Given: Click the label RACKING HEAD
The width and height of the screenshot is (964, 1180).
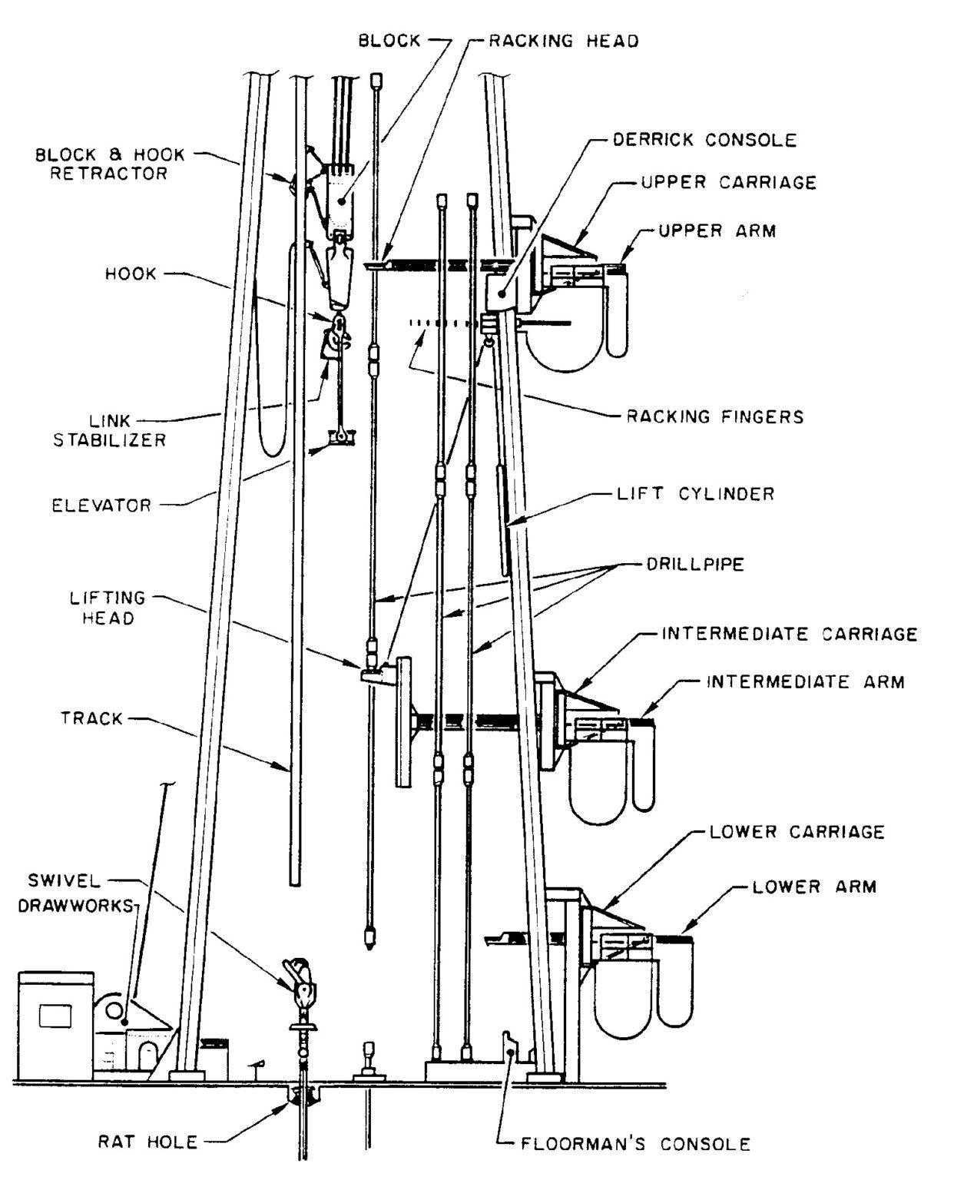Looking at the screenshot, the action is coord(564,41).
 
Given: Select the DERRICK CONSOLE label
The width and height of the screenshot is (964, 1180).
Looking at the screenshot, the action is coord(704,140).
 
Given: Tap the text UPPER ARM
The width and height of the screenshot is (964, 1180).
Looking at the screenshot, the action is coord(717,230).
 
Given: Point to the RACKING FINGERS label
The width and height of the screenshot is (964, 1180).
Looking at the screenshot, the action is coord(714,417).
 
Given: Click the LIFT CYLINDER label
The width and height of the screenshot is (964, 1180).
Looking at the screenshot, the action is coord(696,493).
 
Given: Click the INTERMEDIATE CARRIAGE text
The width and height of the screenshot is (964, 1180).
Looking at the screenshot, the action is coord(789,635).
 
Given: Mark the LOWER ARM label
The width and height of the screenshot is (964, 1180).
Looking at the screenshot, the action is coord(813,887).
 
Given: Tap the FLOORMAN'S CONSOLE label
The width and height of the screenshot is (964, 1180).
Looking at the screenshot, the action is coord(635,1144).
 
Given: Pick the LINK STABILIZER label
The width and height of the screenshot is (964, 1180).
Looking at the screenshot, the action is coord(109,431).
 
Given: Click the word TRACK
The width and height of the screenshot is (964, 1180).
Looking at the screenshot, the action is coord(91,719).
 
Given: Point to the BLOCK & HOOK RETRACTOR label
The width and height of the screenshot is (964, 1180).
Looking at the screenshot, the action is coord(110,164).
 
